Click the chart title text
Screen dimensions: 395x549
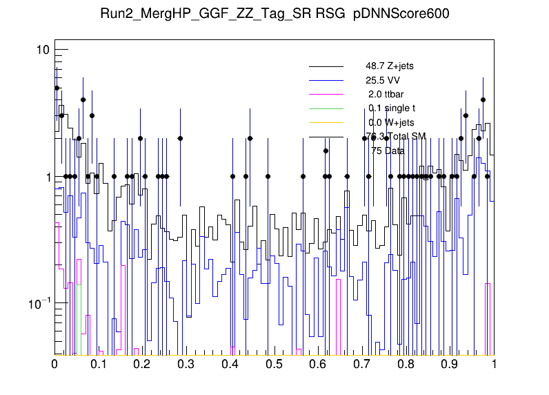[x=274, y=15]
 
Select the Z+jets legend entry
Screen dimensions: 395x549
[x=389, y=66]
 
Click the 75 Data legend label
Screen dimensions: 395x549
[x=388, y=150]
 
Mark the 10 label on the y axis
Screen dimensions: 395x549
[x=42, y=50]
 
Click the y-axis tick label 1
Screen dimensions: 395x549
[x=46, y=177]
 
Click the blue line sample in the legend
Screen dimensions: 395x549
[x=326, y=80]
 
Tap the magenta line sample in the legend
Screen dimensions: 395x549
[x=326, y=94]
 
